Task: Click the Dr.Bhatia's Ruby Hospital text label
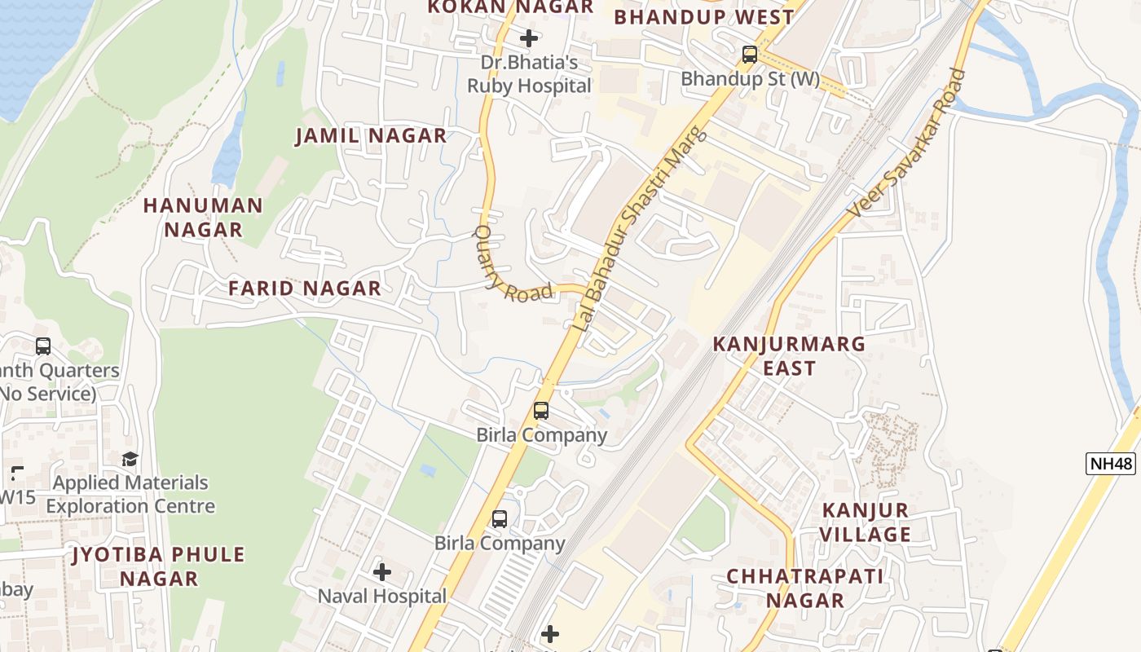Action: pyautogui.click(x=529, y=74)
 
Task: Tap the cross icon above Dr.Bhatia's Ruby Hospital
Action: pyautogui.click(x=529, y=37)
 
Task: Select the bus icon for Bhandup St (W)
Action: pyautogui.click(x=749, y=55)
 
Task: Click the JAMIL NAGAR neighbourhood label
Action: pyautogui.click(x=371, y=136)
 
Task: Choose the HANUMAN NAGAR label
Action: pyautogui.click(x=203, y=218)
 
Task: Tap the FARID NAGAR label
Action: pyautogui.click(x=304, y=289)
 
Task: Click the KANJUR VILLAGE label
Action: pyautogui.click(x=865, y=522)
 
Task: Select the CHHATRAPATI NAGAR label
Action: pyautogui.click(x=805, y=588)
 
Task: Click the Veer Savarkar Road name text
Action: pyautogui.click(x=906, y=143)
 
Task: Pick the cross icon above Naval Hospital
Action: pyautogui.click(x=382, y=572)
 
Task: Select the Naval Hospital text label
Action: pyautogui.click(x=382, y=596)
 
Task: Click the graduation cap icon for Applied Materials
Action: pyautogui.click(x=130, y=460)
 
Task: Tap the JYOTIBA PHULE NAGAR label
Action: pyautogui.click(x=159, y=566)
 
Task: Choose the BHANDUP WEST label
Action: pyautogui.click(x=703, y=17)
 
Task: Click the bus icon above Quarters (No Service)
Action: pyautogui.click(x=43, y=346)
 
